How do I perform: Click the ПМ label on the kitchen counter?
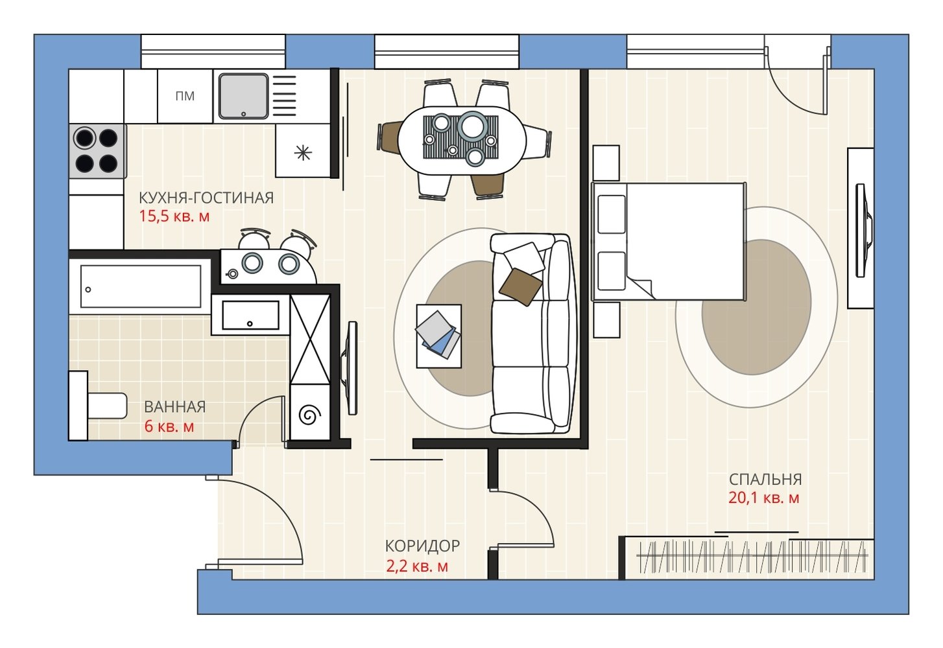point(185,97)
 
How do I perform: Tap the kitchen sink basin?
point(243,97)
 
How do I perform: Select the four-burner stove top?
point(98,151)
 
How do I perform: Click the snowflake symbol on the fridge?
point(303,153)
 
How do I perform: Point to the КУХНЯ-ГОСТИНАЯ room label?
point(206,198)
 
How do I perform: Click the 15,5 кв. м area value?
point(174,216)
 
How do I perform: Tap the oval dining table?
point(462,141)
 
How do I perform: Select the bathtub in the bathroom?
point(141,286)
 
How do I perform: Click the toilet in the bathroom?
point(99,406)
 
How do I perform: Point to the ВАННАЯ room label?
point(174,407)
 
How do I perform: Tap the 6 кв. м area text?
point(169,426)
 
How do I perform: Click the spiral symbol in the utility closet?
point(310,416)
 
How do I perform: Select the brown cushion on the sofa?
point(520,287)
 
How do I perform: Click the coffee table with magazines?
point(438,336)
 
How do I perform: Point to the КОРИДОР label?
point(422,546)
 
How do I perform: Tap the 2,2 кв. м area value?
point(417,566)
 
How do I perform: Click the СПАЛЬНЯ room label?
point(765,480)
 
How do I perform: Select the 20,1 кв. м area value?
point(763,498)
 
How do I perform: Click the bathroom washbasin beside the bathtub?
point(250,315)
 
